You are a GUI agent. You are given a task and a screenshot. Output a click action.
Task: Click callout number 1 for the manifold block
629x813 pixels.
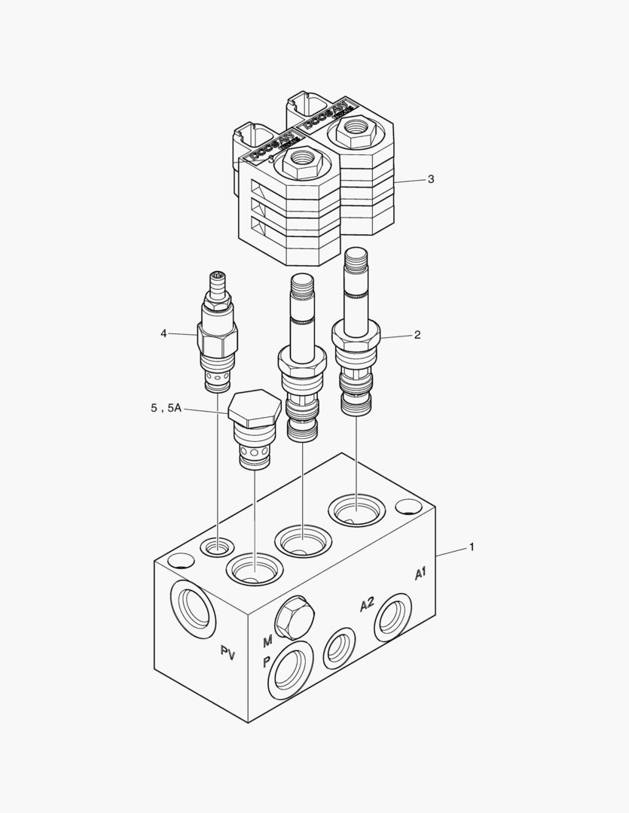click(x=472, y=547)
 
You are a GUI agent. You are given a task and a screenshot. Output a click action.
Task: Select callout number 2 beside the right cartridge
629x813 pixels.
click(x=417, y=335)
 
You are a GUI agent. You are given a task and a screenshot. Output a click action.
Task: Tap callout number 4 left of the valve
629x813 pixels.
click(x=163, y=333)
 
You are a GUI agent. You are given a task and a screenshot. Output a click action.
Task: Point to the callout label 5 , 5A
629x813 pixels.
click(x=166, y=408)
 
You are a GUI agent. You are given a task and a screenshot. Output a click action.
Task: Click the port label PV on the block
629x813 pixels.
click(x=228, y=653)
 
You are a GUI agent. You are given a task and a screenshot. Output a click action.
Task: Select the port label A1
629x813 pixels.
click(x=420, y=574)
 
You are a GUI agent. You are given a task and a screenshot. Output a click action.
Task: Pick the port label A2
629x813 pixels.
click(x=367, y=604)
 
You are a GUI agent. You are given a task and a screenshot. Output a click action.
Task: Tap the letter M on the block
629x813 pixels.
click(x=267, y=641)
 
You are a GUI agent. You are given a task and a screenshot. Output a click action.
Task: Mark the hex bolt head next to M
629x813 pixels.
click(x=295, y=617)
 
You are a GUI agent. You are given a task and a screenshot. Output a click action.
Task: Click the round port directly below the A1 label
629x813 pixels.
click(x=394, y=618)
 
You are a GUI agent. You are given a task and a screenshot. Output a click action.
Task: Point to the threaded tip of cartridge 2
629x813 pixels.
click(x=356, y=260)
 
